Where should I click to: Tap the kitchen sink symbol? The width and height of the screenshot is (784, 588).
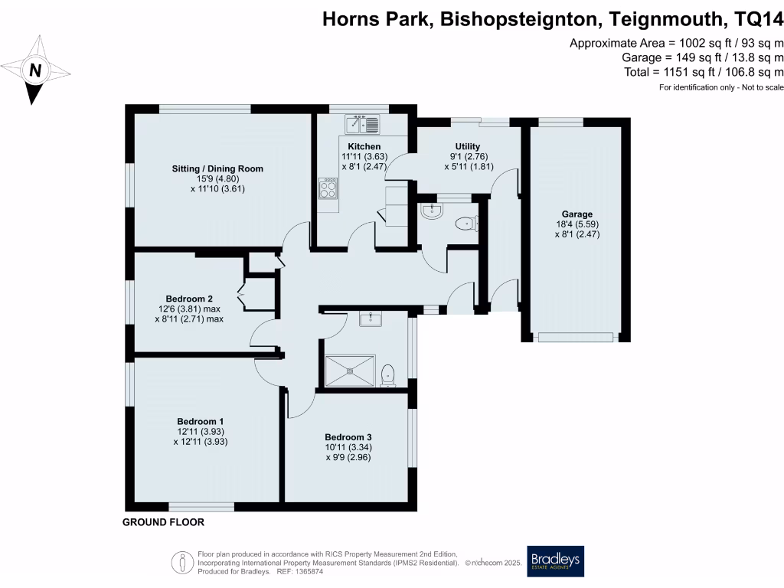[x=362, y=124]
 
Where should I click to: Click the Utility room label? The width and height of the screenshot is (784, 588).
[x=467, y=146]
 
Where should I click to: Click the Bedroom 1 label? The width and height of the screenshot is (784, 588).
[x=201, y=421]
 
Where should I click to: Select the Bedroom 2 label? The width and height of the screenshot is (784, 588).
[x=189, y=299]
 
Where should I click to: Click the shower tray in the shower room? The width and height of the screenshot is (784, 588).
[x=351, y=370]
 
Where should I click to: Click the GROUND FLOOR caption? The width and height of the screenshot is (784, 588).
[x=164, y=523]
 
